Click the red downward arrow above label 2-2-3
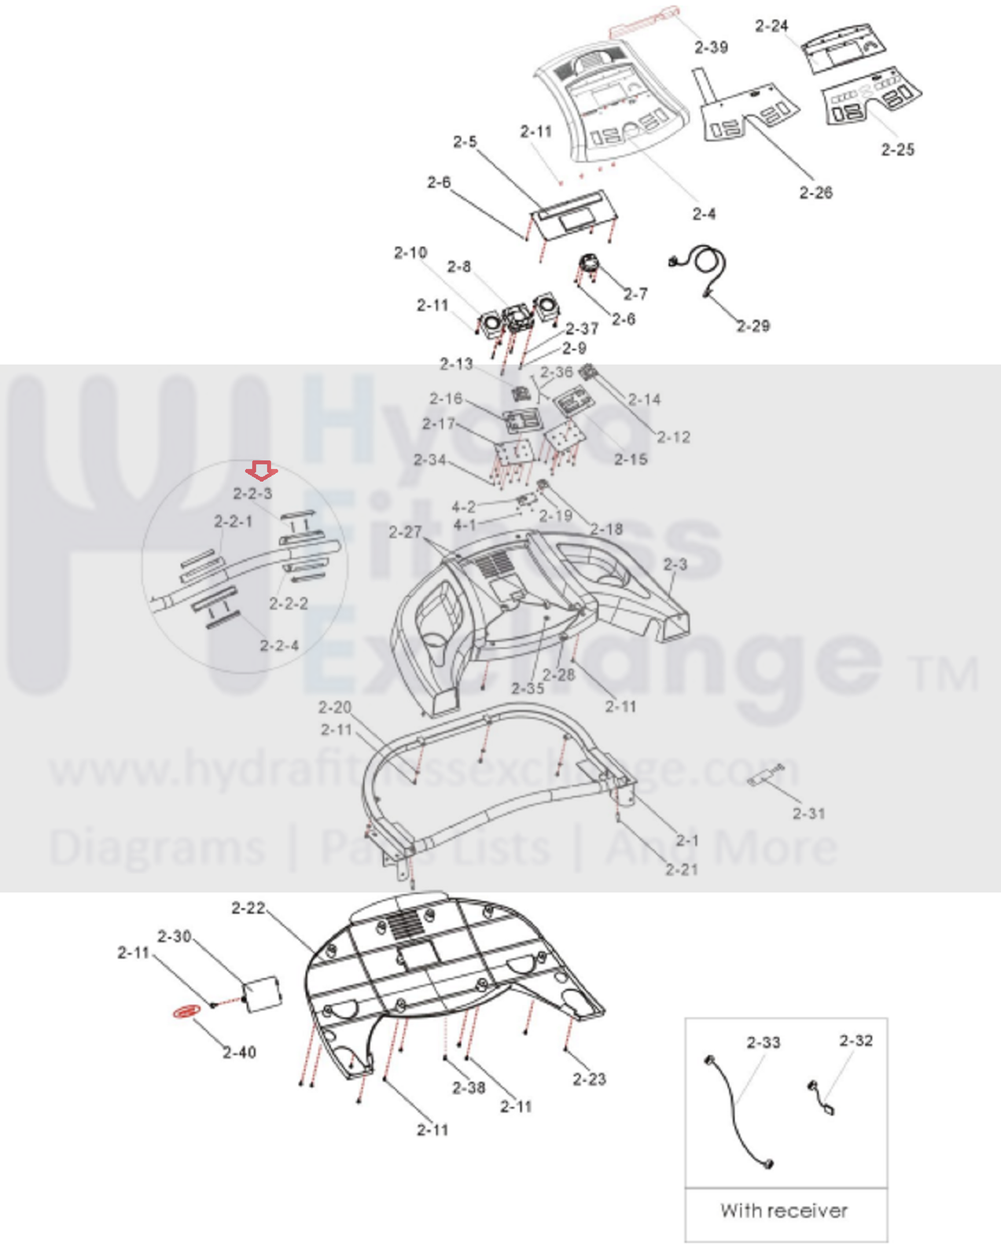261,471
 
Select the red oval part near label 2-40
186,1011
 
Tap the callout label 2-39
711,47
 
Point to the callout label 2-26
815,193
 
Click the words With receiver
784,1211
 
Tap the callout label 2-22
248,908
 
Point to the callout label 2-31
809,814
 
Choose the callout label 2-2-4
279,645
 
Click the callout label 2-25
897,149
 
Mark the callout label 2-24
771,26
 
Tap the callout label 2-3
675,564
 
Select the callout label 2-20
335,707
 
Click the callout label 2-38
469,1087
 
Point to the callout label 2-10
410,252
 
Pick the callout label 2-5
465,142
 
